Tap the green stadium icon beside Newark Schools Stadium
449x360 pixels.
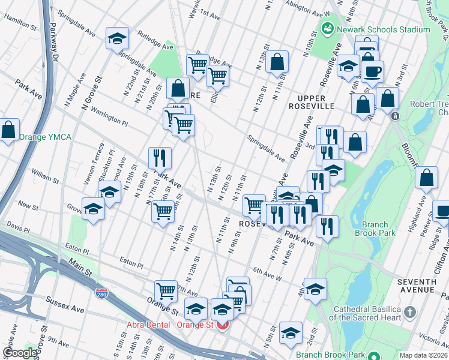click(x=327, y=28)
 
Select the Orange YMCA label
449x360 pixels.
click(x=46, y=137)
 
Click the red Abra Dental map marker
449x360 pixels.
click(x=223, y=326)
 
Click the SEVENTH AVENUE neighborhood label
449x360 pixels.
click(x=426, y=286)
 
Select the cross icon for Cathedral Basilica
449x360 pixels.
click(x=410, y=313)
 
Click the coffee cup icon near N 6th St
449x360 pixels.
click(x=372, y=71)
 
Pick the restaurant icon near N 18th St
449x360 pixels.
click(x=160, y=158)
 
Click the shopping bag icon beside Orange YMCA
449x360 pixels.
click(x=8, y=129)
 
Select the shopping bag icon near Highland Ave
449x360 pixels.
click(x=426, y=177)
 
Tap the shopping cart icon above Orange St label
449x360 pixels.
click(x=166, y=291)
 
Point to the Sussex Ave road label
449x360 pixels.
click(x=70, y=309)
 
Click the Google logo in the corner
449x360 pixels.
click(x=20, y=353)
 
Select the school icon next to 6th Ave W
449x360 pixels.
click(x=315, y=289)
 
